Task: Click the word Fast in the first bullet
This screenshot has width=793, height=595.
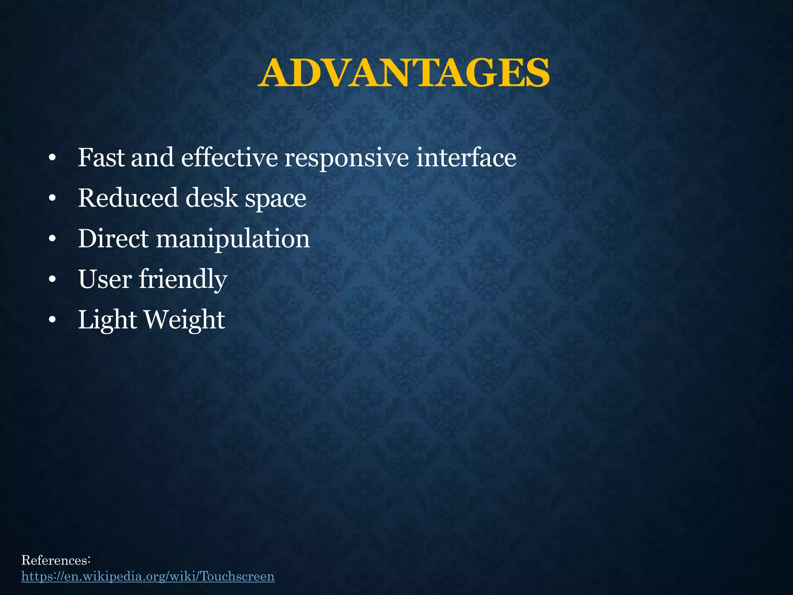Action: point(101,158)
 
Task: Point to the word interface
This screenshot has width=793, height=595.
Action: point(466,158)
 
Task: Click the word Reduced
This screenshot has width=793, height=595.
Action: point(128,198)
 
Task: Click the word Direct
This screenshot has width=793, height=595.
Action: point(113,238)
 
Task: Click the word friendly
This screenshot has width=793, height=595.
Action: point(183,280)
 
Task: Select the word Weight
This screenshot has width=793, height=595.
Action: point(184,320)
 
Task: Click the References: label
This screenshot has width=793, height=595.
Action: point(56,560)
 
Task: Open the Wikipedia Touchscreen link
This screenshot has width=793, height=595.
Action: point(148,576)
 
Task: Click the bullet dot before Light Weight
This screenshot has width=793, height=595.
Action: point(53,320)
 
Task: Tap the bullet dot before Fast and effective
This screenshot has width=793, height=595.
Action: point(53,158)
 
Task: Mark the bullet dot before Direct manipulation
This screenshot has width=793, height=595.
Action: point(53,239)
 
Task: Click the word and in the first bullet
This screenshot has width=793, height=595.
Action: point(152,158)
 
